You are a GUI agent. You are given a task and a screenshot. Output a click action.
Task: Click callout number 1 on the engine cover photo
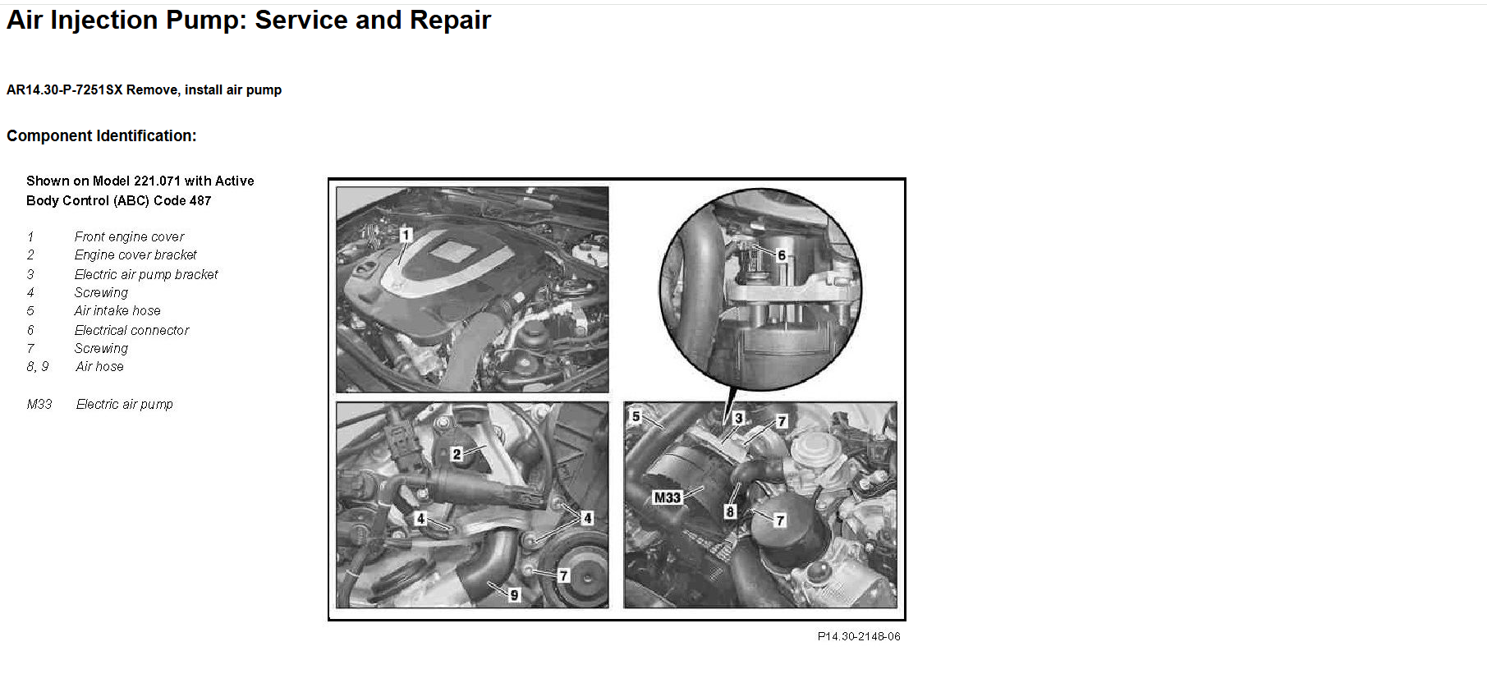pyautogui.click(x=406, y=235)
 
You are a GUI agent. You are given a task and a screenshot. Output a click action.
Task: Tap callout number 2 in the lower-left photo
pyautogui.click(x=457, y=454)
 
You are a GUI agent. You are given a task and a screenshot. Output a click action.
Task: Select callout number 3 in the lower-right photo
pyautogui.click(x=738, y=419)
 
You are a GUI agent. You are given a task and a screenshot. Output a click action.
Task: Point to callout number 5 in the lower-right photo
pyautogui.click(x=636, y=416)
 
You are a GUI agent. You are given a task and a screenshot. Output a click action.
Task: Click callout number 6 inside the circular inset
pyautogui.click(x=782, y=255)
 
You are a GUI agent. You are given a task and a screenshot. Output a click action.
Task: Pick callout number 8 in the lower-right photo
pyautogui.click(x=730, y=512)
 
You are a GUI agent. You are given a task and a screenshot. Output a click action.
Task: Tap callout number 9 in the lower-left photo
pyautogui.click(x=515, y=595)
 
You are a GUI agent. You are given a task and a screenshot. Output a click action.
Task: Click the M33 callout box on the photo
pyautogui.click(x=668, y=497)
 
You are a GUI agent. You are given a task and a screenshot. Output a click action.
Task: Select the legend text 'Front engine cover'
pyautogui.click(x=129, y=236)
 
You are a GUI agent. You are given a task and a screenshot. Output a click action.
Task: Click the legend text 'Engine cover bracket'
pyautogui.click(x=135, y=254)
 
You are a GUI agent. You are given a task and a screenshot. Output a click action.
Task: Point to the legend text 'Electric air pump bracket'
pyautogui.click(x=146, y=274)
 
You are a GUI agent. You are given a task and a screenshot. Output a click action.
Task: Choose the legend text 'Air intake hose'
pyautogui.click(x=117, y=310)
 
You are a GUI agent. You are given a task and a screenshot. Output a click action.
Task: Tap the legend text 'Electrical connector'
pyautogui.click(x=131, y=330)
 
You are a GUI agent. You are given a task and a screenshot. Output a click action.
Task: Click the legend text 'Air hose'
pyautogui.click(x=99, y=366)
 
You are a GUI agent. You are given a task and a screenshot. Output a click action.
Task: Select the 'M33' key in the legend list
pyautogui.click(x=39, y=404)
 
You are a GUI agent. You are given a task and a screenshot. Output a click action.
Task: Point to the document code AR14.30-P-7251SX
pyautogui.click(x=64, y=89)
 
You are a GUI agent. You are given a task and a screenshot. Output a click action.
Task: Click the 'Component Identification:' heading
pyautogui.click(x=102, y=135)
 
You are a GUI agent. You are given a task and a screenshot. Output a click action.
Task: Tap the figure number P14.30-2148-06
pyautogui.click(x=859, y=636)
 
